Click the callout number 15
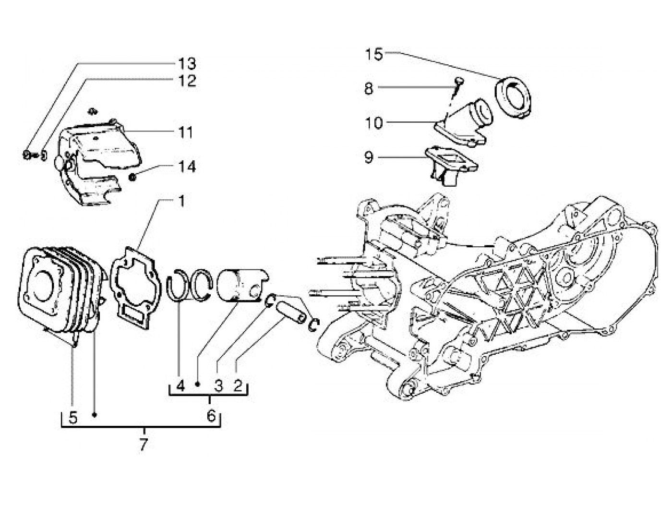374,55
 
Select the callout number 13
187,63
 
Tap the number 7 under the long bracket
144,445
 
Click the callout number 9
369,157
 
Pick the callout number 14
187,167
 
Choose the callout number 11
186,132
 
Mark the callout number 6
211,416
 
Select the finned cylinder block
60,293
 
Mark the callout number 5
73,418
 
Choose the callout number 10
374,123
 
